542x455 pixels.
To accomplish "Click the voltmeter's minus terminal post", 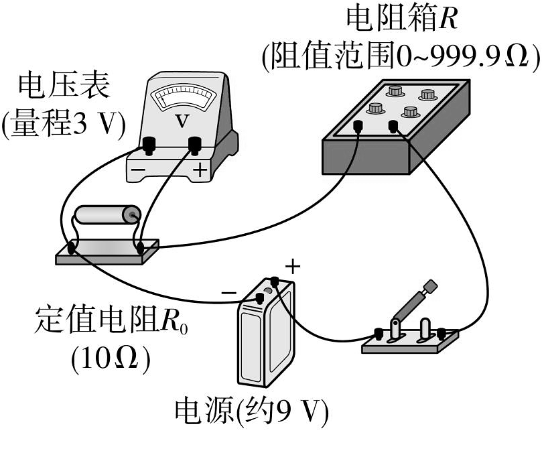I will point(149,143).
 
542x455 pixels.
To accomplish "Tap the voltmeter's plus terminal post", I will point(195,143).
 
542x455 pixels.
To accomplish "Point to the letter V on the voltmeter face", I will point(181,121).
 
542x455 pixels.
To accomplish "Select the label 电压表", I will point(64,87).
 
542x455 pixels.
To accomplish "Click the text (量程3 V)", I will point(64,125).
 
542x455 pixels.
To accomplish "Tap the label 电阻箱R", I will point(401,19).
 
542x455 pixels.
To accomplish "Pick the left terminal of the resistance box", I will point(358,125).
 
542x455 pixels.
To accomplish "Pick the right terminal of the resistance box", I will point(393,125).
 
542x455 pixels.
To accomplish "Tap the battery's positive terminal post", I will point(274,281).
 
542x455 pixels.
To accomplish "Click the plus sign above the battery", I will point(293,267).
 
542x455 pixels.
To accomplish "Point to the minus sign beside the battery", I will point(228,293).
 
